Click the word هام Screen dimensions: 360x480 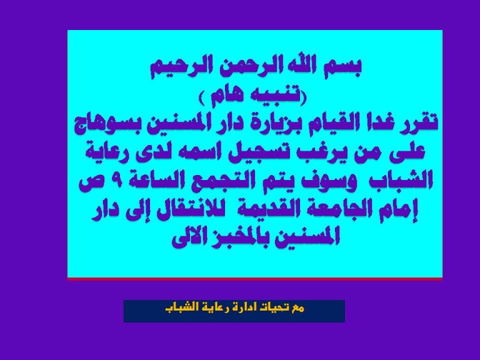(224, 97)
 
